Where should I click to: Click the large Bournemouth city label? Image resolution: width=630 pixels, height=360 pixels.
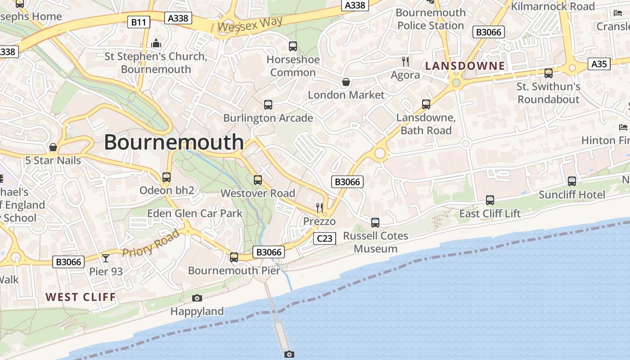click(x=174, y=142)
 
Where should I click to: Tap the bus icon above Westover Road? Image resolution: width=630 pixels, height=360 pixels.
click(x=258, y=180)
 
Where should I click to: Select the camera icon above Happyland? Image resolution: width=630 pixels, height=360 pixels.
click(x=197, y=298)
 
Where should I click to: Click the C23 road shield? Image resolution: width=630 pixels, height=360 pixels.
click(x=324, y=238)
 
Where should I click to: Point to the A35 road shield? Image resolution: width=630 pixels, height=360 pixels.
click(x=599, y=64)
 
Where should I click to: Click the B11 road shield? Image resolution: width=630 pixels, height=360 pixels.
click(x=138, y=22)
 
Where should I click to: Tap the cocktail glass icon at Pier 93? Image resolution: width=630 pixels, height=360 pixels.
click(x=106, y=258)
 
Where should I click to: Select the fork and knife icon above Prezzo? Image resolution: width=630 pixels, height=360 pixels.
click(x=319, y=207)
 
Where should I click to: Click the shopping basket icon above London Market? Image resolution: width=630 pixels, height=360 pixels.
click(x=346, y=82)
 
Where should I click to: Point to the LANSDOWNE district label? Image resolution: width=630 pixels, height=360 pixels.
click(x=465, y=66)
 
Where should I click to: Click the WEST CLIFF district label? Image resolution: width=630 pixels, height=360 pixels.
click(x=81, y=297)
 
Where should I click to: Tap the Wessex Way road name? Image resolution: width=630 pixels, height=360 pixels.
click(x=250, y=24)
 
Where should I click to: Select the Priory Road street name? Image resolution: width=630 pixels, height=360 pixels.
click(x=151, y=243)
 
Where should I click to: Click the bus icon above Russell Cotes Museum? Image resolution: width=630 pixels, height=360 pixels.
click(x=375, y=222)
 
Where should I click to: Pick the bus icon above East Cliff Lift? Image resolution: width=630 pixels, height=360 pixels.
click(x=490, y=200)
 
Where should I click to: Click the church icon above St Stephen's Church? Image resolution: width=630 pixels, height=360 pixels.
click(x=156, y=44)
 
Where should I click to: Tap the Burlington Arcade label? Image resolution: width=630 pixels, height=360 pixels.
click(x=268, y=118)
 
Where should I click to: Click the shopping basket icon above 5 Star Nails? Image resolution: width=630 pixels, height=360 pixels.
click(x=53, y=147)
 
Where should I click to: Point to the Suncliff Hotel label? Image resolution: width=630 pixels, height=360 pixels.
click(x=572, y=194)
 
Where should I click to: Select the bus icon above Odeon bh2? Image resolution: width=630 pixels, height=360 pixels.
click(x=166, y=177)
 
